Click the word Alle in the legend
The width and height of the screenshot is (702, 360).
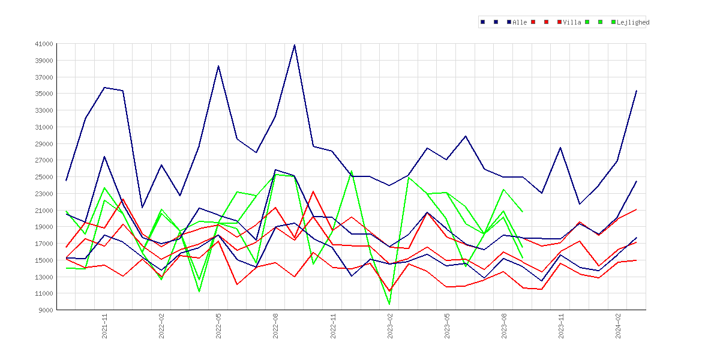(x=520, y=22)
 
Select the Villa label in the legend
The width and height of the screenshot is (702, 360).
(x=572, y=22)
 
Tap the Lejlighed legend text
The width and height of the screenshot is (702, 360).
(x=633, y=22)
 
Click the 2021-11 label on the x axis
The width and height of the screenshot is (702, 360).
(x=104, y=326)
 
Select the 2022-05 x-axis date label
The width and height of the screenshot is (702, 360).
(x=218, y=326)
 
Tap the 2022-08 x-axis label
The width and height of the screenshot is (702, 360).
(x=275, y=326)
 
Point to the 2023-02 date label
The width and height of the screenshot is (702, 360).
(x=389, y=326)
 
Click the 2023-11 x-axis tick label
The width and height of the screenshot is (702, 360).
(x=560, y=326)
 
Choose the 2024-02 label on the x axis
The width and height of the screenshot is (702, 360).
(x=618, y=326)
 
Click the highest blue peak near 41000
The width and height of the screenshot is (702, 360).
(x=294, y=45)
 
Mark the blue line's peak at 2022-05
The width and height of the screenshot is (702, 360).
(x=218, y=66)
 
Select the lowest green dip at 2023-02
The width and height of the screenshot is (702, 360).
(x=389, y=304)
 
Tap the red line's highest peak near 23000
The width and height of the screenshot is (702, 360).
(x=313, y=191)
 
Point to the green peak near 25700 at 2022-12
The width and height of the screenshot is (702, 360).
(x=352, y=170)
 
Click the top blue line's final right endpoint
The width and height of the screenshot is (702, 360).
(x=637, y=91)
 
